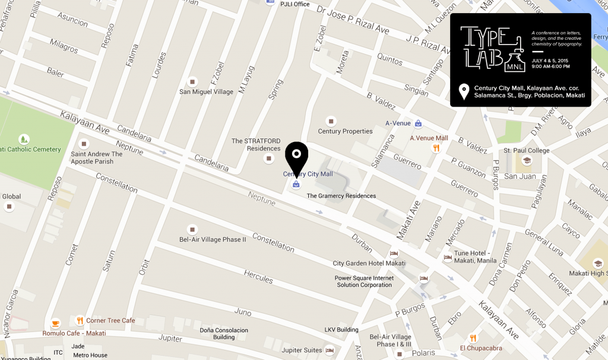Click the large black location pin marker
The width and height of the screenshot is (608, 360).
click(296, 156)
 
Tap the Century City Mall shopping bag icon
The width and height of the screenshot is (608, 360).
click(296, 184)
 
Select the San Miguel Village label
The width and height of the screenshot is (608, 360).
click(207, 92)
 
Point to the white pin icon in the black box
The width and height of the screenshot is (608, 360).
click(464, 91)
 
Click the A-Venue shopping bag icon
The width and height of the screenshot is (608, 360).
click(419, 124)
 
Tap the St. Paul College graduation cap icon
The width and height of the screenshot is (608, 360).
click(527, 160)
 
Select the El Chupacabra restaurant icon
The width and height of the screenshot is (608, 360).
click(473, 338)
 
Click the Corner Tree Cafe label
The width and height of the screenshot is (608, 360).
click(110, 321)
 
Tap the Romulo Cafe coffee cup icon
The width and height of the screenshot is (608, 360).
click(55, 323)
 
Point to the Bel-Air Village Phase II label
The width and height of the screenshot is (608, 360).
click(213, 239)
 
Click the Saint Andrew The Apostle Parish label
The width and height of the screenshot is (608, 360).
click(96, 157)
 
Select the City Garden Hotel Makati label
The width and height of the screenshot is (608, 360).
click(369, 263)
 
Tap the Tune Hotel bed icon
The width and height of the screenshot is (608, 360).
click(448, 258)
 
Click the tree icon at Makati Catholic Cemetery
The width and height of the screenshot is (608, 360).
click(24, 139)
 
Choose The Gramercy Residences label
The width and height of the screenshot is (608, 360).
click(341, 196)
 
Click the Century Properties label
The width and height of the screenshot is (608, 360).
click(345, 131)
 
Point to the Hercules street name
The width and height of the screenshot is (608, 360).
click(258, 276)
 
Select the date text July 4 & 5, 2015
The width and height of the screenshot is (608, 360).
click(550, 61)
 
